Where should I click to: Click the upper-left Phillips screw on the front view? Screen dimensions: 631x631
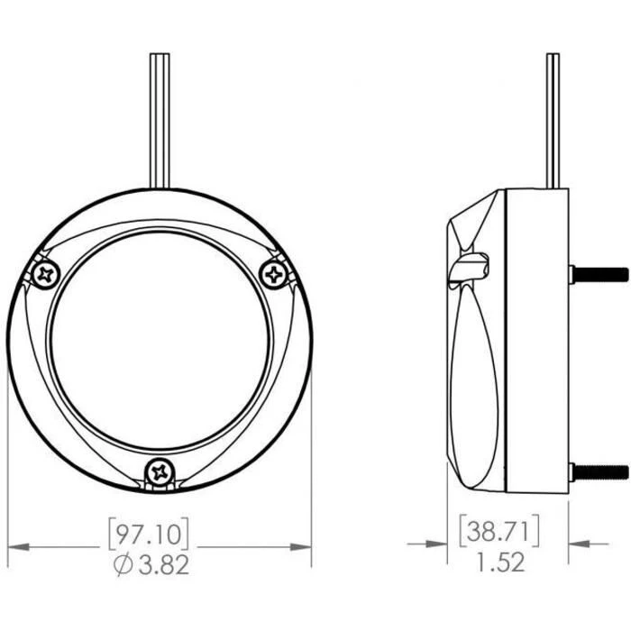46,275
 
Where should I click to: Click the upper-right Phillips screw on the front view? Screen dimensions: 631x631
274,274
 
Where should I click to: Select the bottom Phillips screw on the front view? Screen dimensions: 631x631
160,472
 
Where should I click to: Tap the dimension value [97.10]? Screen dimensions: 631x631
149,534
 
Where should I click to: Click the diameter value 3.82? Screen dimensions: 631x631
164,564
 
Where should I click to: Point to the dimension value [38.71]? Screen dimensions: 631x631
499,532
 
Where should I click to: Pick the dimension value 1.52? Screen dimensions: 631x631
501,562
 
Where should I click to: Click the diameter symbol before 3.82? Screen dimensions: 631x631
124,564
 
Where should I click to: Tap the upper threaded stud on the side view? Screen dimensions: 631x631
599,275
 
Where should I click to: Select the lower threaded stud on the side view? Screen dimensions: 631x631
599,472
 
